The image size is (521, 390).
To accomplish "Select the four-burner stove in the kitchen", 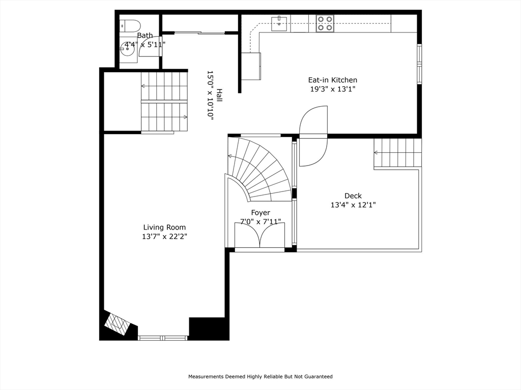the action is click(x=325, y=23).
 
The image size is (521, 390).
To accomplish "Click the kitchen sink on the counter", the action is click(x=279, y=23).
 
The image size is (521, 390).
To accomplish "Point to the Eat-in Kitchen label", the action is click(x=333, y=80).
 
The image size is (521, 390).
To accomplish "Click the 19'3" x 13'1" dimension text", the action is click(x=333, y=89).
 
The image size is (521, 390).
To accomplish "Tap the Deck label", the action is click(x=353, y=196).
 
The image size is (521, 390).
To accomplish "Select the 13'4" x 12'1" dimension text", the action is click(x=353, y=205).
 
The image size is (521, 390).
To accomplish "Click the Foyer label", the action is click(x=260, y=213).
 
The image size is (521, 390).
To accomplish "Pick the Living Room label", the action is click(x=164, y=227).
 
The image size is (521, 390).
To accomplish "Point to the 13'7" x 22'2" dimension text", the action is click(x=164, y=237).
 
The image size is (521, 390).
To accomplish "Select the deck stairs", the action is click(x=398, y=153).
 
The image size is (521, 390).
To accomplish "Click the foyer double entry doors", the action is click(x=259, y=235).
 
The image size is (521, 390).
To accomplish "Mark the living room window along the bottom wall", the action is click(x=162, y=338).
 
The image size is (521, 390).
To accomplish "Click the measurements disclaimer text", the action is click(x=260, y=376).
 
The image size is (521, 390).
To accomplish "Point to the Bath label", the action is click(x=145, y=35).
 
